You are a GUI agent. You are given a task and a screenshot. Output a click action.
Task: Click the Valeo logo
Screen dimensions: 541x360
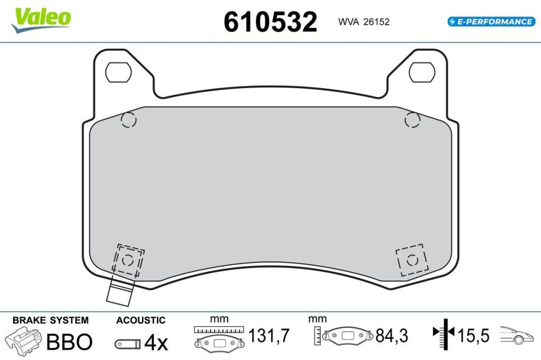click(x=41, y=20)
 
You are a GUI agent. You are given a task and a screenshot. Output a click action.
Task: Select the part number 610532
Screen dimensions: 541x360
click(x=270, y=22)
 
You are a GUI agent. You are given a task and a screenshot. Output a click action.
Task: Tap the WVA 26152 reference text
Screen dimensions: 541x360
click(x=363, y=22)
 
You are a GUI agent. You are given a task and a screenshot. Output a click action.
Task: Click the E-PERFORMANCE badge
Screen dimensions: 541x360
click(x=491, y=22)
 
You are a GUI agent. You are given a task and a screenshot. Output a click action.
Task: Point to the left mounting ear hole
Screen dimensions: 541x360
click(x=118, y=72)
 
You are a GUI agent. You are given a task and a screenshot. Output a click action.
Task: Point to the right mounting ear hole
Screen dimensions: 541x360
click(x=422, y=72)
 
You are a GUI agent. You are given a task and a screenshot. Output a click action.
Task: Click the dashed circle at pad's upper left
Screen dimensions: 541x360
click(x=129, y=120)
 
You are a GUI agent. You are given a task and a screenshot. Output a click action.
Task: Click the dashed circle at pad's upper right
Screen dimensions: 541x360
click(x=412, y=120)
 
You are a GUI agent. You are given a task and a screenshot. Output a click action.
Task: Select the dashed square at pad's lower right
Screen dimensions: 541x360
click(x=412, y=260)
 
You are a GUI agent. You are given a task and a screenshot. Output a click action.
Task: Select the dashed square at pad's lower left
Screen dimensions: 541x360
click(x=128, y=260)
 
